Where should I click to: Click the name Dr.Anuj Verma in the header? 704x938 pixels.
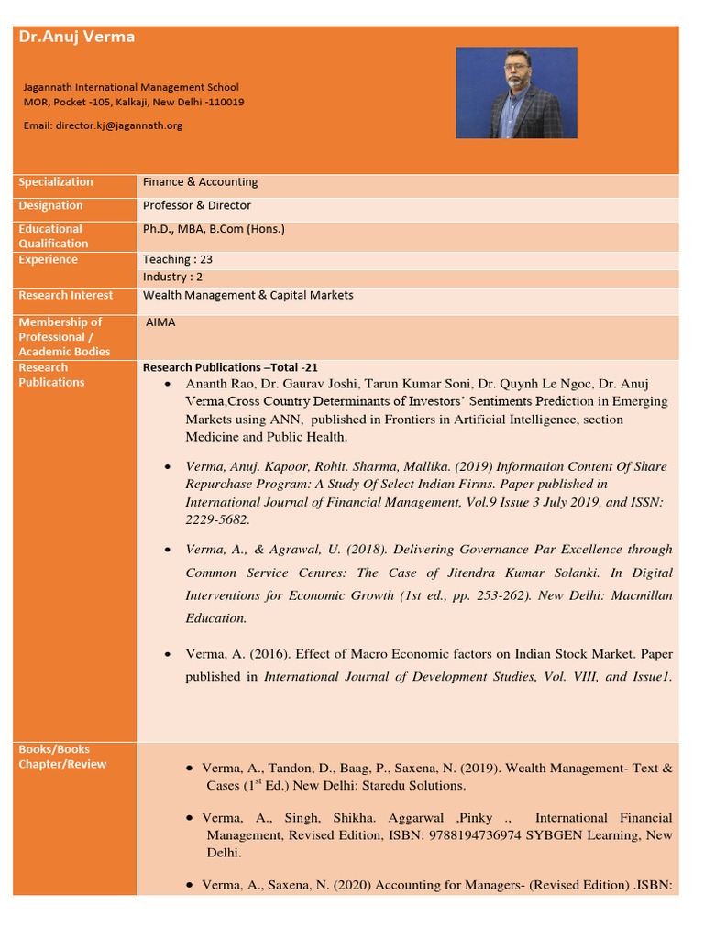pyautogui.click(x=77, y=38)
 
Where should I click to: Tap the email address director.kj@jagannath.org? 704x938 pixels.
pyautogui.click(x=118, y=125)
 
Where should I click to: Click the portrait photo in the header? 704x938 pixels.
pyautogui.click(x=516, y=93)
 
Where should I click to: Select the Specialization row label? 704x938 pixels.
pyautogui.click(x=56, y=182)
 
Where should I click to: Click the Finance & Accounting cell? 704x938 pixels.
pyautogui.click(x=200, y=182)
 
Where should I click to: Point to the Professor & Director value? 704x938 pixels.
pyautogui.click(x=196, y=206)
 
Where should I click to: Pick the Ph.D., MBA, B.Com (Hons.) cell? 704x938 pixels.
pyautogui.click(x=214, y=229)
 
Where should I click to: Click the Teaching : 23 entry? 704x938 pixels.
pyautogui.click(x=177, y=260)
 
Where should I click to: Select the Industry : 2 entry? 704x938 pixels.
pyautogui.click(x=172, y=278)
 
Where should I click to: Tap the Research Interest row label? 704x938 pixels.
pyautogui.click(x=66, y=296)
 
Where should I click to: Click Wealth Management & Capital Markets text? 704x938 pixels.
pyautogui.click(x=247, y=296)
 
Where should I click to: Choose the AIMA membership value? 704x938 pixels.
pyautogui.click(x=160, y=322)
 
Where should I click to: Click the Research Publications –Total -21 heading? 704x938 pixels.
pyautogui.click(x=230, y=367)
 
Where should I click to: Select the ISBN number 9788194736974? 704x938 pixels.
pyautogui.click(x=459, y=834)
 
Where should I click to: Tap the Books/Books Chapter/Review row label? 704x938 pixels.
pyautogui.click(x=62, y=757)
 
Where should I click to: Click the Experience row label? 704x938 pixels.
pyautogui.click(x=49, y=260)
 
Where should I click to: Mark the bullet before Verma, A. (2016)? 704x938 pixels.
pyautogui.click(x=167, y=654)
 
